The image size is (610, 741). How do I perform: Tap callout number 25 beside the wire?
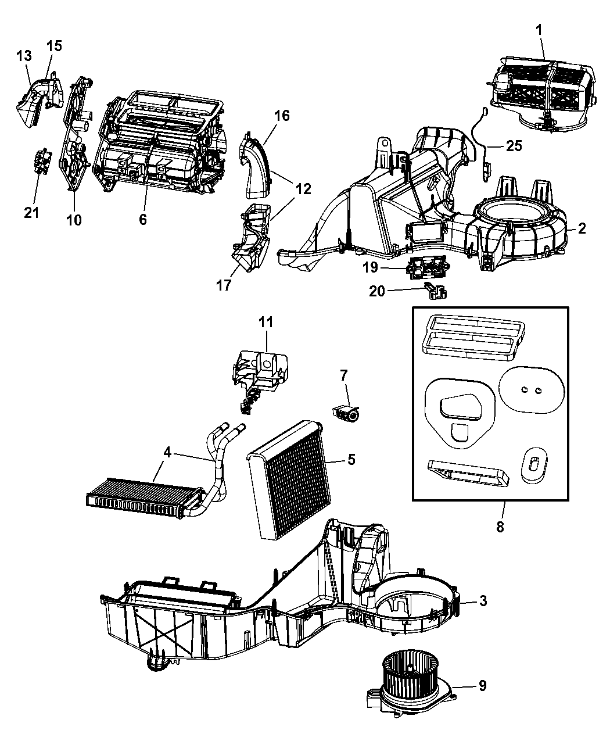(x=514, y=145)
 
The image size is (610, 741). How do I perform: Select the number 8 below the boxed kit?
(x=500, y=527)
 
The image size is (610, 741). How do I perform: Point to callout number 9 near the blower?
(x=482, y=686)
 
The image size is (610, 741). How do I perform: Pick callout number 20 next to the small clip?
(x=378, y=290)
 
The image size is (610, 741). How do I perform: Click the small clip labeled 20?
(x=435, y=291)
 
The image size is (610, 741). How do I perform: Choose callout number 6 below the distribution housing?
(x=143, y=219)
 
